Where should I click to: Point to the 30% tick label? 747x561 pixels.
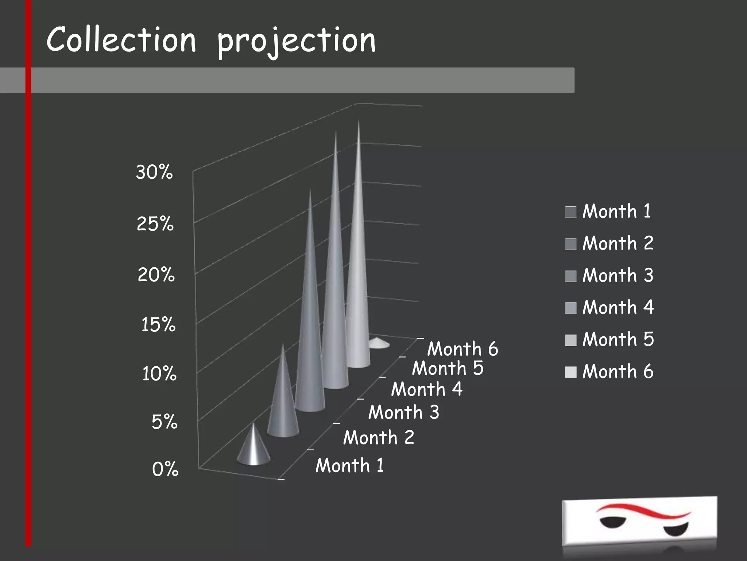tap(154, 172)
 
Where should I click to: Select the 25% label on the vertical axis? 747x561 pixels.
tap(155, 224)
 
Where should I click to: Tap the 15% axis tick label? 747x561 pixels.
tap(158, 324)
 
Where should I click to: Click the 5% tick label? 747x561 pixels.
tap(165, 422)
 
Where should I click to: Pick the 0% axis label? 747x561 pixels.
tap(165, 469)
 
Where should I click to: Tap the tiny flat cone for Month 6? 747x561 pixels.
tap(379, 343)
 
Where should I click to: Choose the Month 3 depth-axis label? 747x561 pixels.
tap(404, 412)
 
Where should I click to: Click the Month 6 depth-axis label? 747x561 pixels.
tap(462, 348)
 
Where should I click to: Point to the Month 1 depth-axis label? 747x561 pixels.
tap(350, 465)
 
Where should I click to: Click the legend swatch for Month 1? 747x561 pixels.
tap(570, 212)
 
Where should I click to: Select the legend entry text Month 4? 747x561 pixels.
tap(618, 307)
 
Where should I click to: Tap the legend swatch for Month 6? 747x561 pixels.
tap(570, 372)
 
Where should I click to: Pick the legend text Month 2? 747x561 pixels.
tap(618, 243)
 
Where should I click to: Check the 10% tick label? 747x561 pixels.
tap(159, 374)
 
